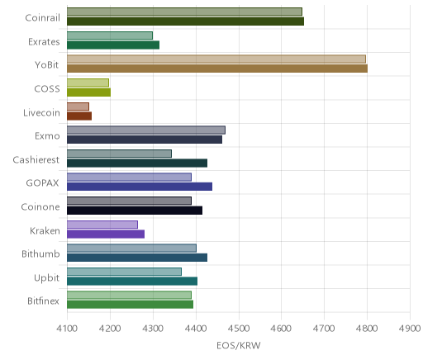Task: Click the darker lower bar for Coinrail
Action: point(185,21)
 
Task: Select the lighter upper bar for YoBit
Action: point(216,59)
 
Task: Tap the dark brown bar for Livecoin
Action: point(79,116)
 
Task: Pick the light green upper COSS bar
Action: point(88,83)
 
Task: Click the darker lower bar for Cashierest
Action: point(137,163)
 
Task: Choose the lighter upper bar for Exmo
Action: point(146,130)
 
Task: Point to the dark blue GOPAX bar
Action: point(140,187)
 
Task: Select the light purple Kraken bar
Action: point(102,225)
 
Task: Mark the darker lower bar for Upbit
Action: point(132,282)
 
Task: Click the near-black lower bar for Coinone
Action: point(135,211)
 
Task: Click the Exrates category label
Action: point(44,42)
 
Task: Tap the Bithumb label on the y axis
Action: point(40,253)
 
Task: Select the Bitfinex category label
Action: point(43,301)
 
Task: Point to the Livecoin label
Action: point(41,112)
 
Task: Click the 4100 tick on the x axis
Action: point(67,329)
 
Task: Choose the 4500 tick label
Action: point(239,329)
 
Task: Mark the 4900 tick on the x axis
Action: point(410,329)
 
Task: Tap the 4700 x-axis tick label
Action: point(324,329)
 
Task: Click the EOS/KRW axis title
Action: point(239,345)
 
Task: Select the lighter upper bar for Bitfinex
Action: point(129,295)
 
